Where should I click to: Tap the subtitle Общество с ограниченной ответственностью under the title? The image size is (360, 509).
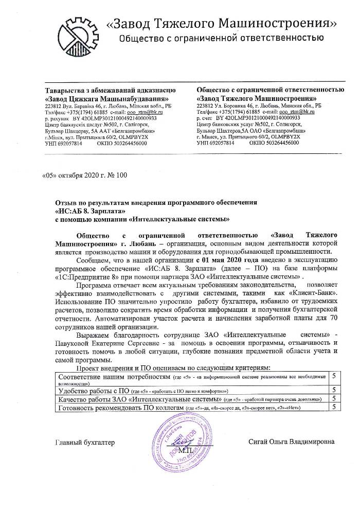click(x=221, y=38)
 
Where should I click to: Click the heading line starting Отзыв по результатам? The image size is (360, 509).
click(x=154, y=203)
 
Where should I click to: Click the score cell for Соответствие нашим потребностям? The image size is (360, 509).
click(x=334, y=376)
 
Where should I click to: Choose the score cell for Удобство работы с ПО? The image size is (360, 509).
click(x=334, y=390)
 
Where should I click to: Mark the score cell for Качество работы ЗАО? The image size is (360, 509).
click(x=334, y=398)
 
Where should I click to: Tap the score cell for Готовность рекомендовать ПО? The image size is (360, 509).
click(x=334, y=407)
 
